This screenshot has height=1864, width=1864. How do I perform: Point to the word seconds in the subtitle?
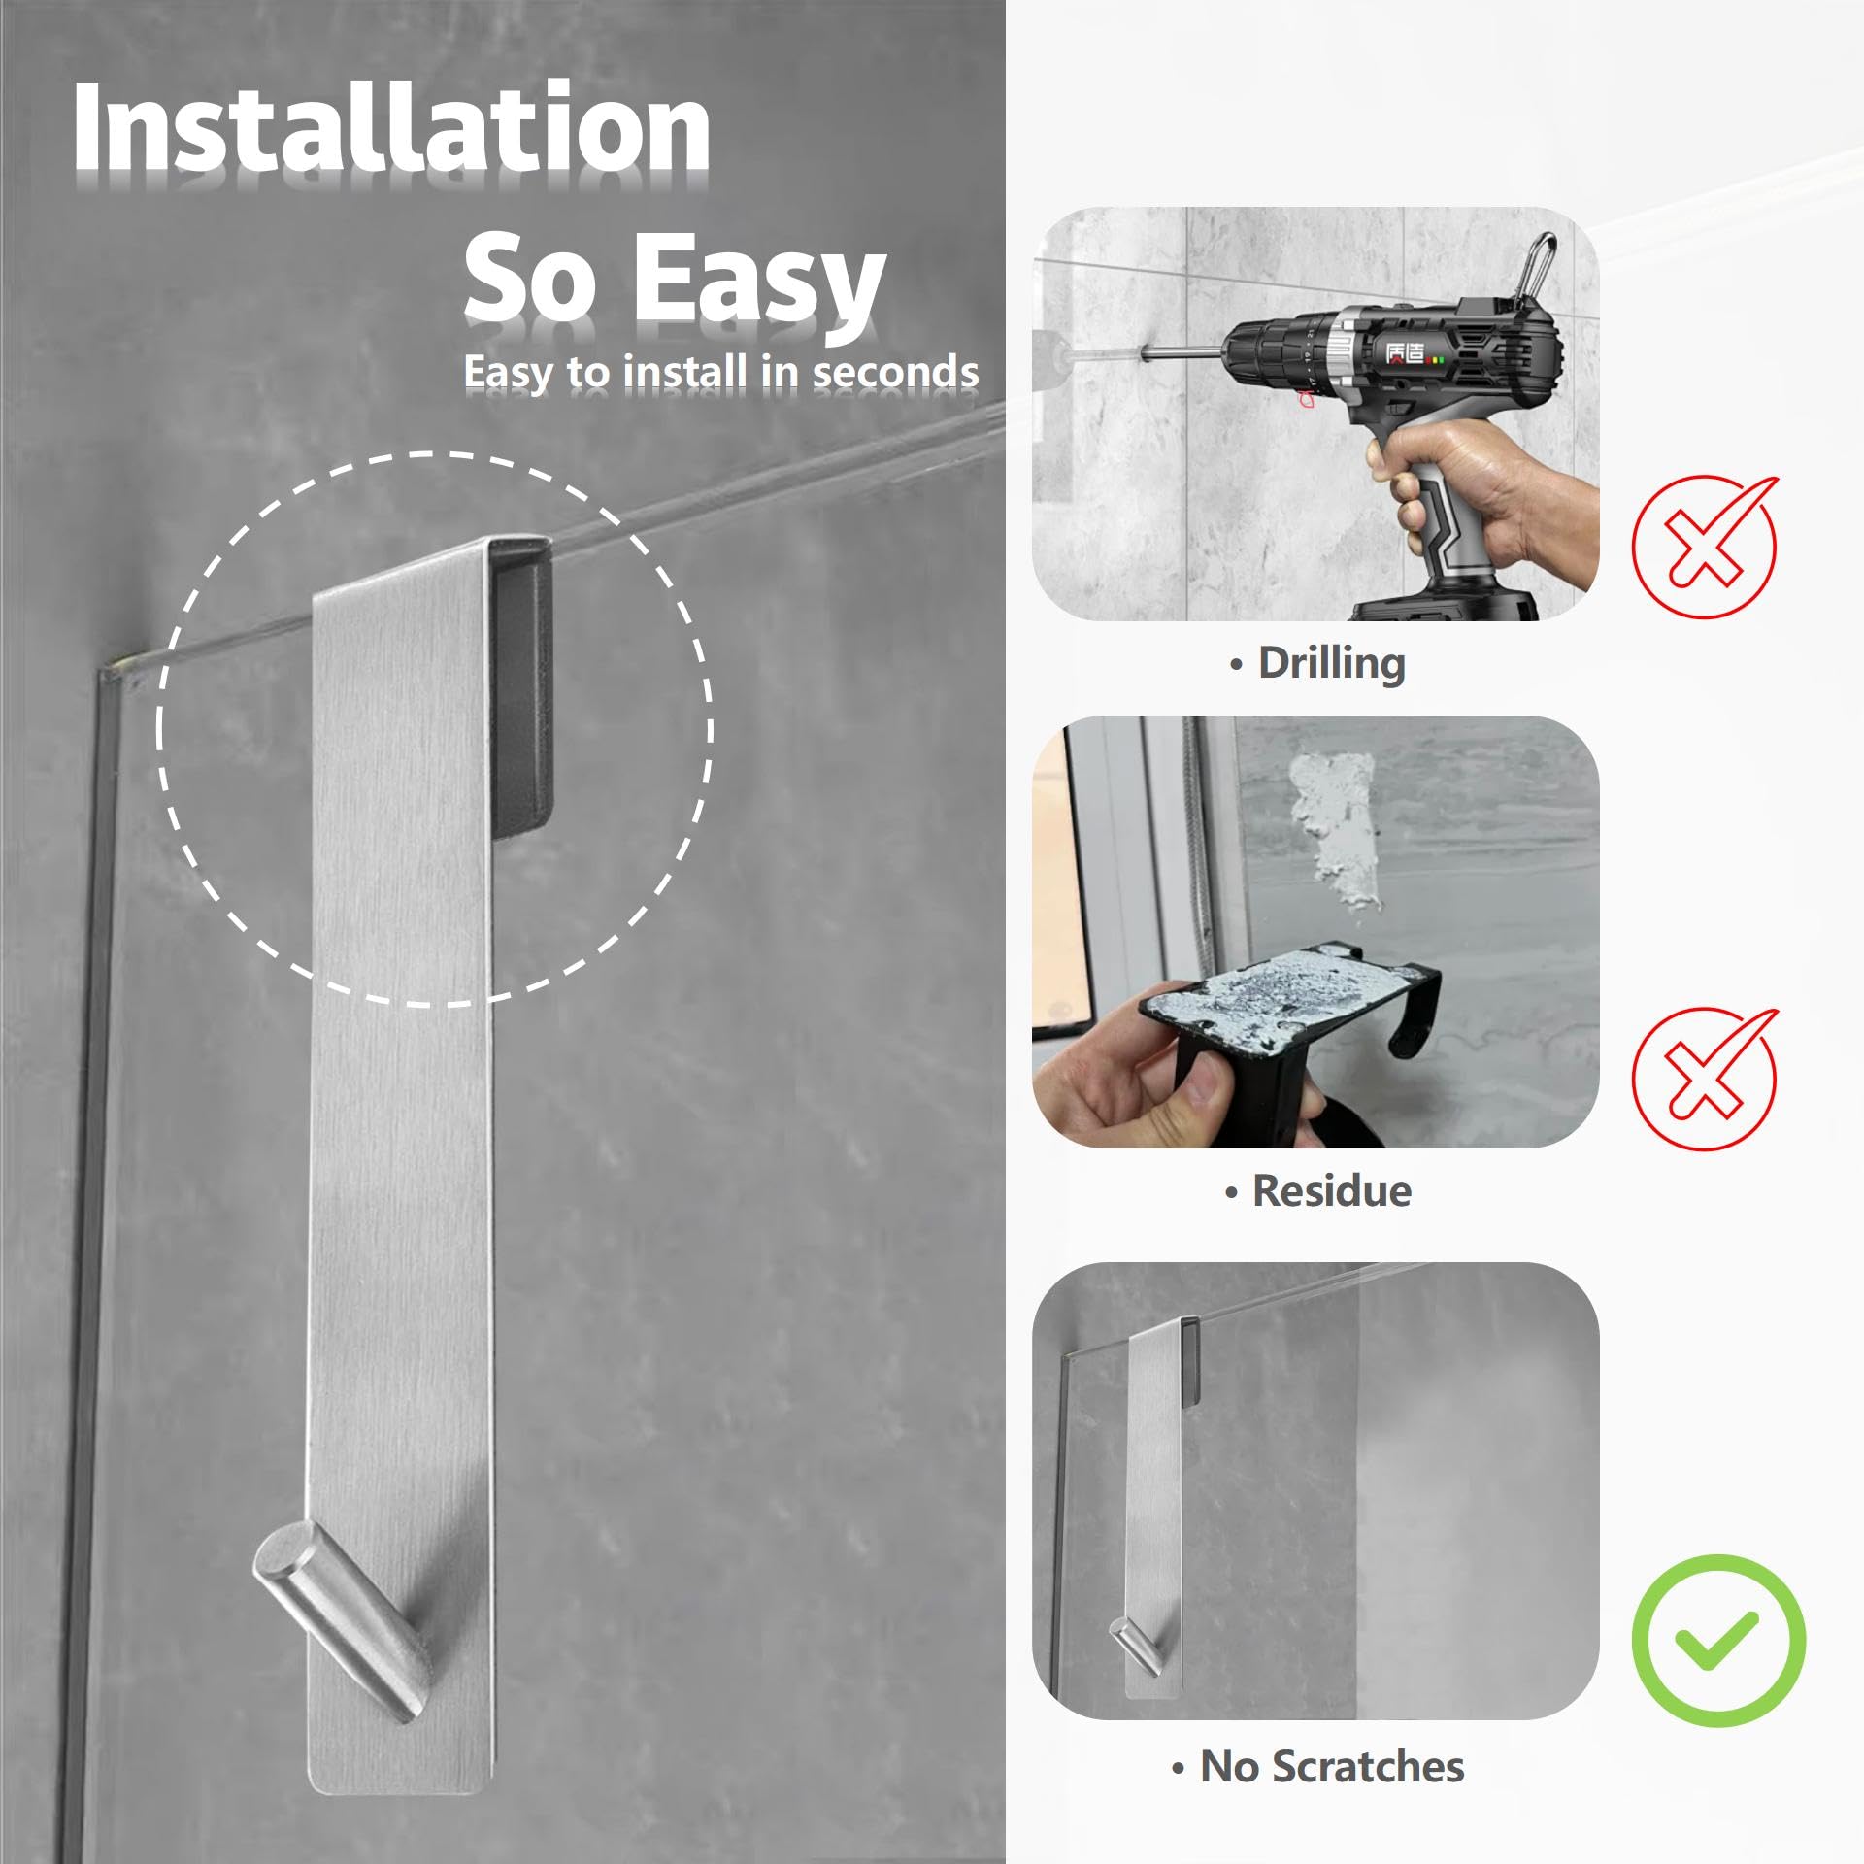coord(895,372)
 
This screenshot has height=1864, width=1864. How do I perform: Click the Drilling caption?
coord(1317,664)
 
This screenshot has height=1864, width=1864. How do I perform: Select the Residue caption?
coord(1317,1191)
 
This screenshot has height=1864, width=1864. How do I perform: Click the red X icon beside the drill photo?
coord(1704,546)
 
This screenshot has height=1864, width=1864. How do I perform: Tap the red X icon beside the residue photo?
coord(1704,1078)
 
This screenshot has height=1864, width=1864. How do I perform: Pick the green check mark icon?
coord(1718,1641)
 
